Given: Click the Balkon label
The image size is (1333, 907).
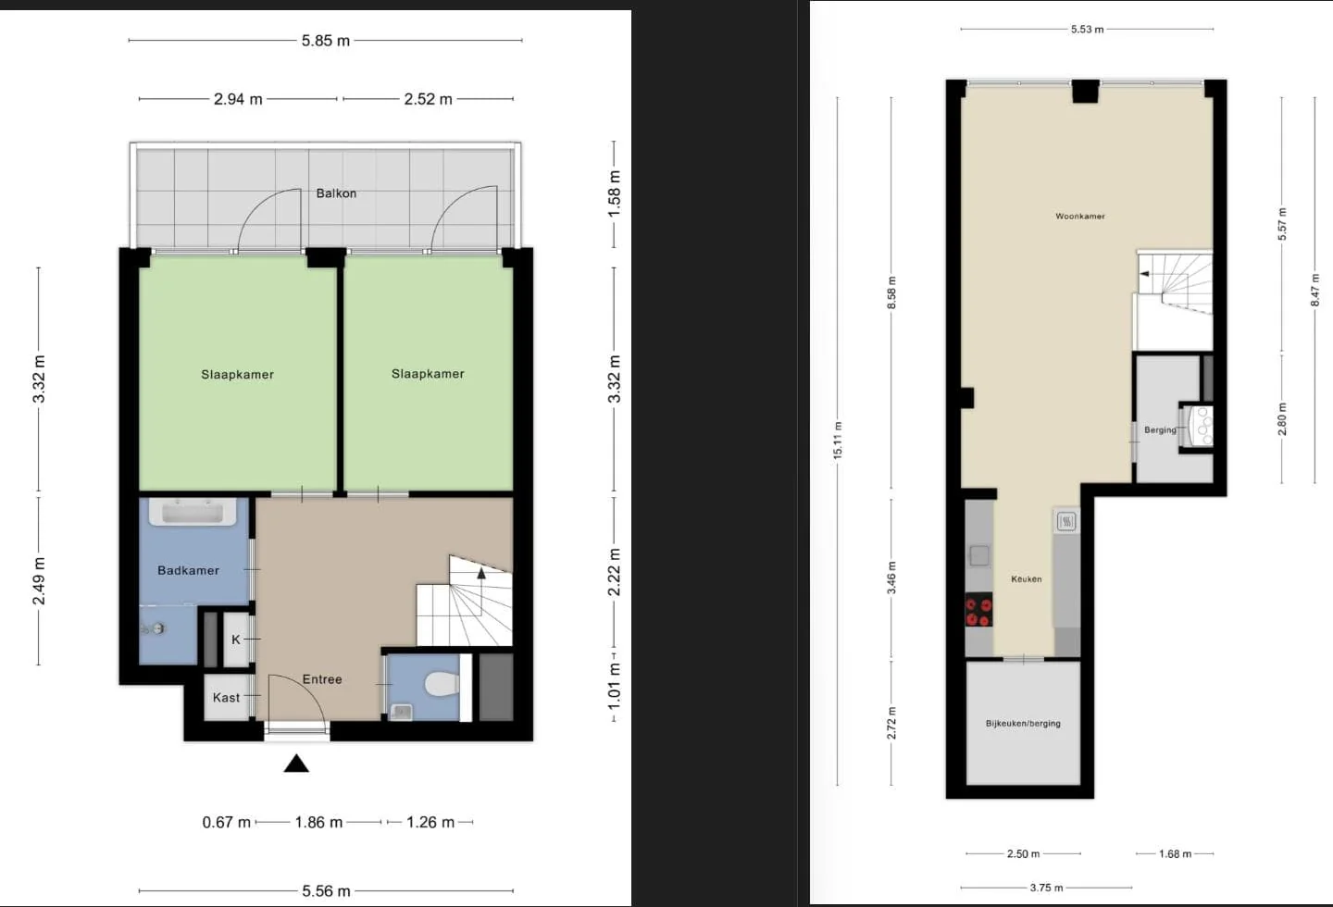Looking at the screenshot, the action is tap(336, 193).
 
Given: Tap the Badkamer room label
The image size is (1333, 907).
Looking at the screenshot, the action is tap(188, 570).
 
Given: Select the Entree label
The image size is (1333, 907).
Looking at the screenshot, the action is tap(322, 679).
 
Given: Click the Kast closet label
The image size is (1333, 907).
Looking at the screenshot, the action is tap(226, 698).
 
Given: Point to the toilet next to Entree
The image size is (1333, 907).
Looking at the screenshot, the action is tap(442, 685).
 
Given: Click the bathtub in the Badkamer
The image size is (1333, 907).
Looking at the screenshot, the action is tap(193, 513).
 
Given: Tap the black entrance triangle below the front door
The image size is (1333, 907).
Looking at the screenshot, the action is tap(296, 763).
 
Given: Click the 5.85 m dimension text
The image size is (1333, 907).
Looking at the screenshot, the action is tap(326, 41).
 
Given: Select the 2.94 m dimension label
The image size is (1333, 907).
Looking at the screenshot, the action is tap(238, 99).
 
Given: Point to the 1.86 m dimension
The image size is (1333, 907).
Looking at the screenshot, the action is tap(319, 822).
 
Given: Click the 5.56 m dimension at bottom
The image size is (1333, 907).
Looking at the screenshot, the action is tap(326, 891).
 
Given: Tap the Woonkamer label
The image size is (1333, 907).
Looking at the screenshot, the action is tap(1080, 216).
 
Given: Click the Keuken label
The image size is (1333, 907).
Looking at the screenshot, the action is tap(1027, 578).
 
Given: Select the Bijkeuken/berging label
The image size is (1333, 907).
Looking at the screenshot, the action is tap(1023, 723).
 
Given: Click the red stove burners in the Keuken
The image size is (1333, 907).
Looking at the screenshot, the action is tap(978, 610).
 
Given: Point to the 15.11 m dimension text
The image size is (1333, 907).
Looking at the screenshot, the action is tap(838, 440).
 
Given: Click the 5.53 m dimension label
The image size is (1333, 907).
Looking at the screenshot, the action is tap(1087, 30).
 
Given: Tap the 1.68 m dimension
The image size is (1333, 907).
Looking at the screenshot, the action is tap(1176, 854).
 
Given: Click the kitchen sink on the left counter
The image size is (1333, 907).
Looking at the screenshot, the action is tap(979, 556).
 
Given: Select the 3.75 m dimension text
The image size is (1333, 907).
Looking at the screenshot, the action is tap(1046, 888).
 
